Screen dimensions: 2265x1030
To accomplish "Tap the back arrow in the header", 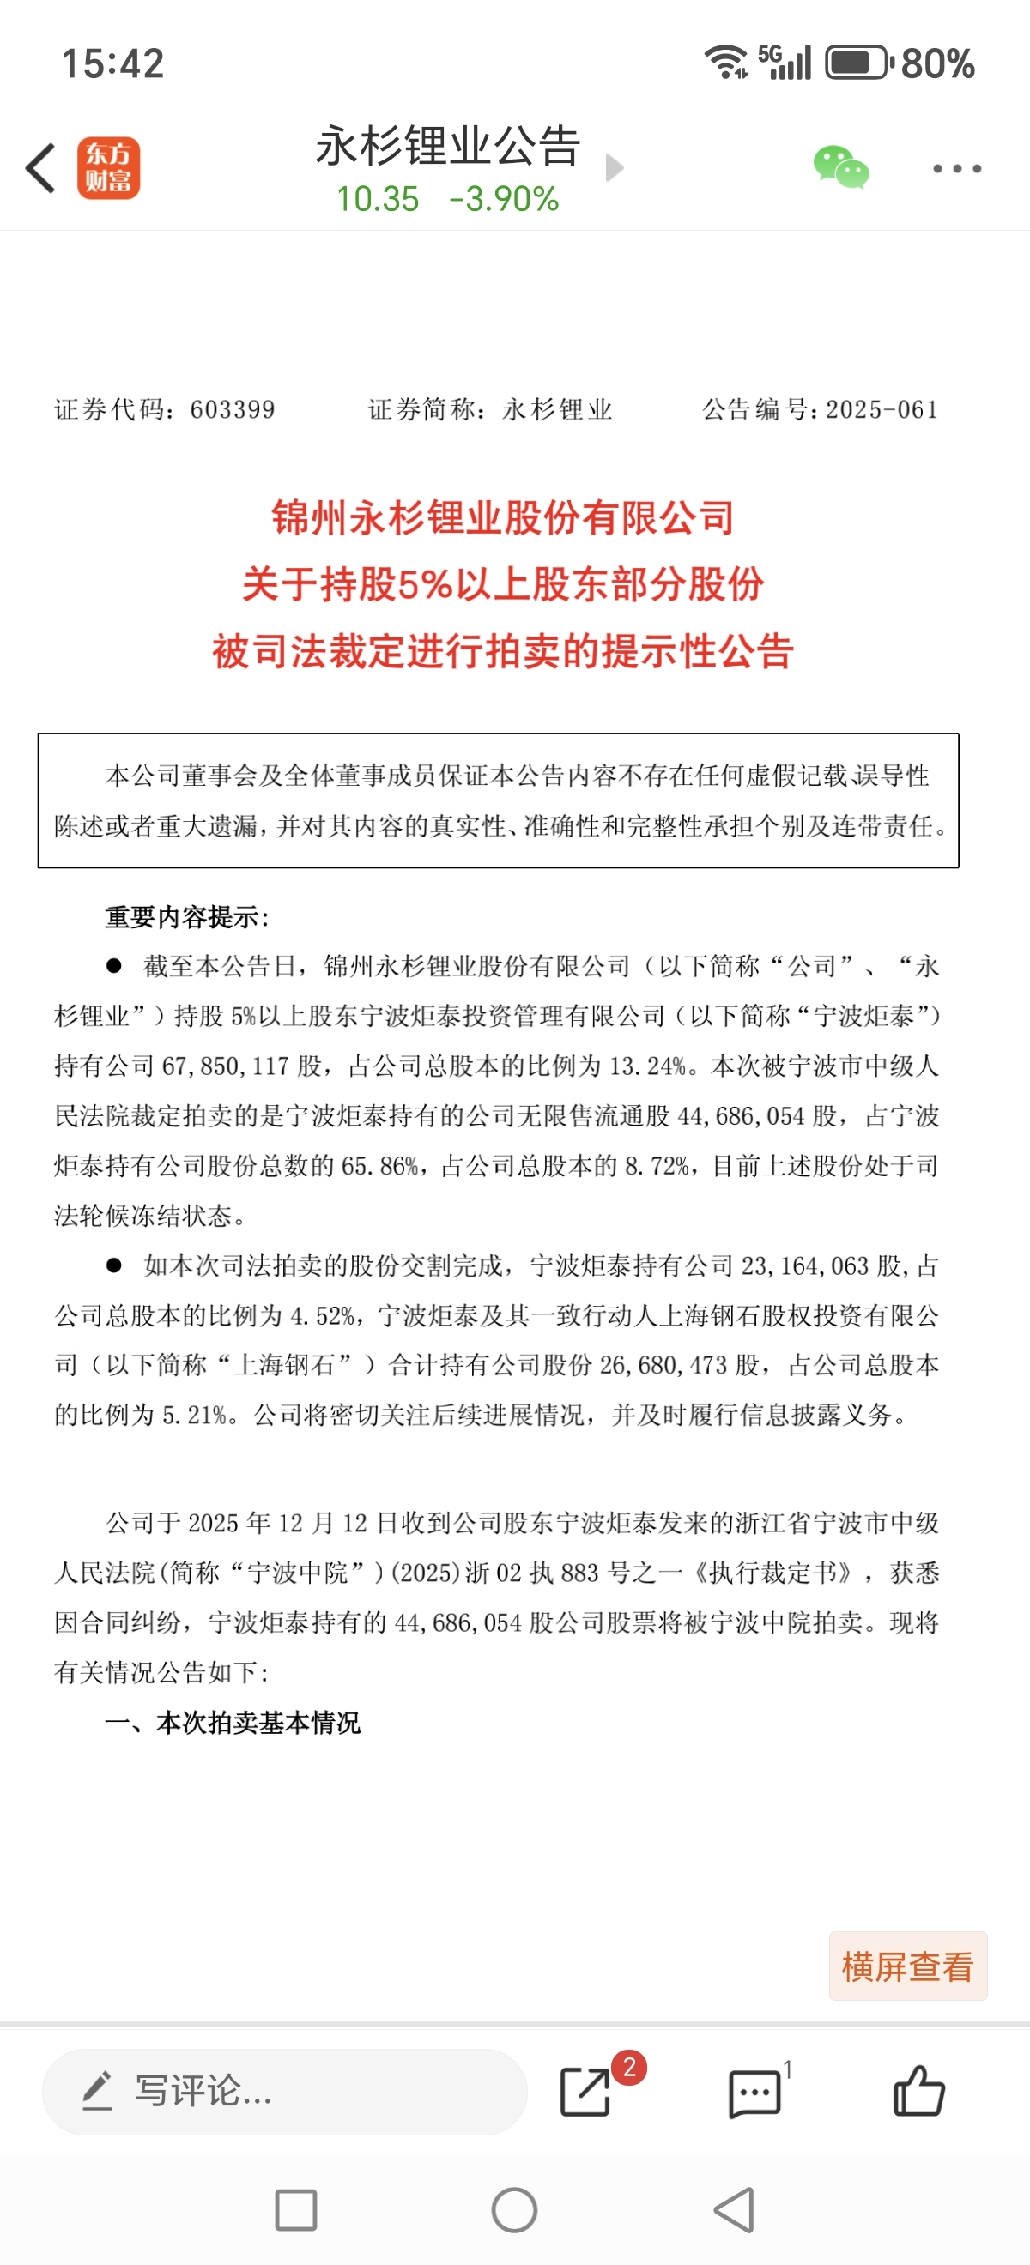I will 40,168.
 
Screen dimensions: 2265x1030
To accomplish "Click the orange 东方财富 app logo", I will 108,168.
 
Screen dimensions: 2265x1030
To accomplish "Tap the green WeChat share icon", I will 840,167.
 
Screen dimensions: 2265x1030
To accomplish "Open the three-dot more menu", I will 957,168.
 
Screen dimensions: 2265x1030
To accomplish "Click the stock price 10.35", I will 378,200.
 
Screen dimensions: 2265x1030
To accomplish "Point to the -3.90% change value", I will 504,200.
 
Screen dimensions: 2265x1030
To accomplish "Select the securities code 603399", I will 233,410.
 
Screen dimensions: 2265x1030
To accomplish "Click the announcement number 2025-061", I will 882,410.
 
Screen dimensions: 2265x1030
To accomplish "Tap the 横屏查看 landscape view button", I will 907,1967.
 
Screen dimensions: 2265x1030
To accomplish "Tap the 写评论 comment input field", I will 284,2092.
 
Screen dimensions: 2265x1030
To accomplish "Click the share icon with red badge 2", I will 585,2092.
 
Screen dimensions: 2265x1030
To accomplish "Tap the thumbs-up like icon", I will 918,2092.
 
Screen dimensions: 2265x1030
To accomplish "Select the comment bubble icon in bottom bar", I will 754,2093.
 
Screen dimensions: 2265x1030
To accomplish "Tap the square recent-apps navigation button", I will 295,2209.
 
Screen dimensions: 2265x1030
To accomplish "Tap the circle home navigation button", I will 514,2209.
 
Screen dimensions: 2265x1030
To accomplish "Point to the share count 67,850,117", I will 225,1066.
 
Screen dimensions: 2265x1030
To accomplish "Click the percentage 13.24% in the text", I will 648,1066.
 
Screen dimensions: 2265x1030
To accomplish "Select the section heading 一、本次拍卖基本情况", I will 233,1723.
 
